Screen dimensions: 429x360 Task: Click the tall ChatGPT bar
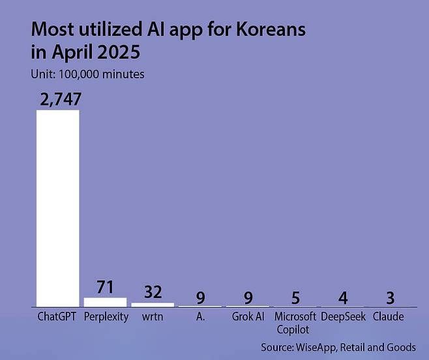pos(58,209)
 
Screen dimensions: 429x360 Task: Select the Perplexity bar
pos(106,302)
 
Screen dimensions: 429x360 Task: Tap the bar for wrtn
pos(153,305)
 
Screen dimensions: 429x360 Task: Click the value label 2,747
pos(61,99)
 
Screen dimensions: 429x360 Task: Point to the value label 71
pos(106,287)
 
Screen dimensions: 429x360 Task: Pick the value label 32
pos(153,292)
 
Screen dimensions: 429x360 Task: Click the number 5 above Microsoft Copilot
pos(295,298)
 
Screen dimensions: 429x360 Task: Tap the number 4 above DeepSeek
pos(343,298)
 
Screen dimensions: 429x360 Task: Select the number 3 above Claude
pos(391,298)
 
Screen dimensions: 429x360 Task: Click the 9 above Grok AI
pos(248,298)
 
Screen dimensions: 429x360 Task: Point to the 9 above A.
pos(201,298)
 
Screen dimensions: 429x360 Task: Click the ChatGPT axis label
pos(57,317)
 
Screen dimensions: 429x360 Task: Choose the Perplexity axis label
pos(106,317)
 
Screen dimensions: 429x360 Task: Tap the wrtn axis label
pos(153,317)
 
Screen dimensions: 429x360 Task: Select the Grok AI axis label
pos(248,317)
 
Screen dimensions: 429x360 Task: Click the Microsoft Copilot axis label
pos(295,323)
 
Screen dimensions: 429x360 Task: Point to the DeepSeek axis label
pos(343,317)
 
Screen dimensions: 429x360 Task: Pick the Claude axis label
pos(388,317)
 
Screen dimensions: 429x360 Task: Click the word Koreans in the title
pos(271,29)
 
